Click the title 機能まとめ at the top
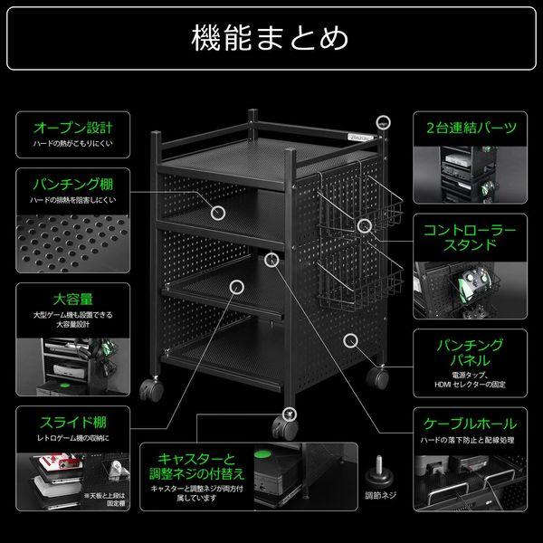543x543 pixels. (271, 38)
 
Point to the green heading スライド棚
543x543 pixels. (72, 422)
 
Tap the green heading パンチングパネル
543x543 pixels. (471, 354)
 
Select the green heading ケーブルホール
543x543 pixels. (471, 424)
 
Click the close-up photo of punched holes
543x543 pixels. (72, 240)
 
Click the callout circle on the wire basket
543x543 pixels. (364, 225)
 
